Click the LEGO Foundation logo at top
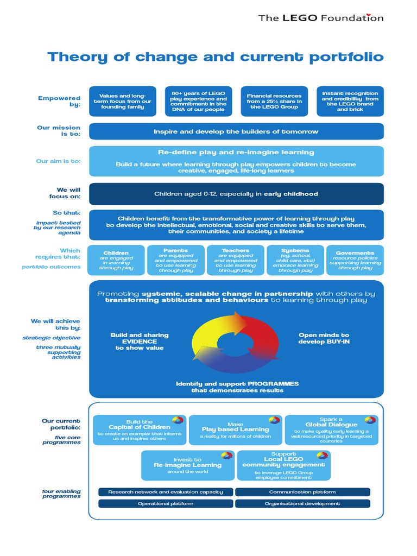[320, 18]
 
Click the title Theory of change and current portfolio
[216, 57]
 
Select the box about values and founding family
[122, 101]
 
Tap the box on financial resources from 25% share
[274, 101]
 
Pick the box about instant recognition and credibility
[350, 101]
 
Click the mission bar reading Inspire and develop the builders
[236, 131]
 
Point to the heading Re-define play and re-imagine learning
[236, 153]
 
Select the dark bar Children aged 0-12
[236, 194]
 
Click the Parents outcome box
[176, 260]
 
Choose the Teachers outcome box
[236, 260]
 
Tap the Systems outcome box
[295, 260]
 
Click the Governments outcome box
[355, 260]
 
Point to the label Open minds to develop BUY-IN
[324, 339]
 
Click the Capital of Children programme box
[140, 430]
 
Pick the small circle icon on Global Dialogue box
[370, 420]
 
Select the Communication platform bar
[302, 492]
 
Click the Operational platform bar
[166, 503]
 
